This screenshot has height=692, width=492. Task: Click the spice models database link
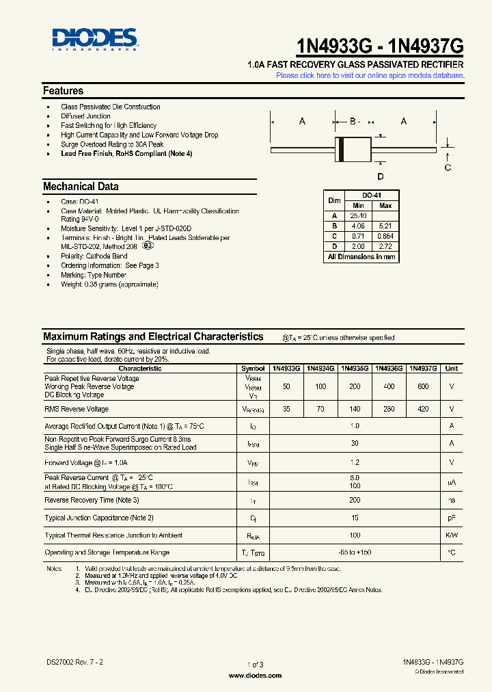370,75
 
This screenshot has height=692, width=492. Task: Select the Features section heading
64,91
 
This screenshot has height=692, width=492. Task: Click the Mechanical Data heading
81,187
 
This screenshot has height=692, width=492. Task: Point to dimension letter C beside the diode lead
448,168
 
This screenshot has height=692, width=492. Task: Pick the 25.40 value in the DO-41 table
359,215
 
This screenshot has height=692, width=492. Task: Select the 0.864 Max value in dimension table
385,236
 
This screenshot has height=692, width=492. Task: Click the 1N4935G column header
355,368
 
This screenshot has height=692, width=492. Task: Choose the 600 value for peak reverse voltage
423,386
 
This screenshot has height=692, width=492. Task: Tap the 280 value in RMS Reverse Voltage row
389,409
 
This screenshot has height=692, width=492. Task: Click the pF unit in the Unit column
452,518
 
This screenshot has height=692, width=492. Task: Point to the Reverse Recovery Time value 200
355,501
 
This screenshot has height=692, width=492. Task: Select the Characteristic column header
140,368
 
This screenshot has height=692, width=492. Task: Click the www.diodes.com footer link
255,675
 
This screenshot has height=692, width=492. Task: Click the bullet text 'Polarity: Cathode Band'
95,256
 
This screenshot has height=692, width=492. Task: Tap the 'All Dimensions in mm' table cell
361,257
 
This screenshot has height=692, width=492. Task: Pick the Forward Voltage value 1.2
355,462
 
